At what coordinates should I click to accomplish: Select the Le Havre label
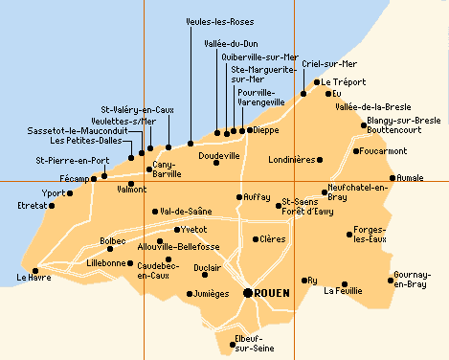click(x=34, y=278)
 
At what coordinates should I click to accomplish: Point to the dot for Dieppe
click(x=250, y=130)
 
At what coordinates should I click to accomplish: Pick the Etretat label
click(x=32, y=205)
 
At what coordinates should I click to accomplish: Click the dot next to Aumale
click(x=393, y=177)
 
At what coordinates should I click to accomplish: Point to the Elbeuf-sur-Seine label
click(x=254, y=343)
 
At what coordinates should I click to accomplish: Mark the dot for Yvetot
click(x=175, y=230)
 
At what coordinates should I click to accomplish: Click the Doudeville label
click(x=218, y=154)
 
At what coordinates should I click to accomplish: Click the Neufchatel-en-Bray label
click(x=358, y=191)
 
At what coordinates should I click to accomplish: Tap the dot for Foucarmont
click(x=357, y=150)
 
